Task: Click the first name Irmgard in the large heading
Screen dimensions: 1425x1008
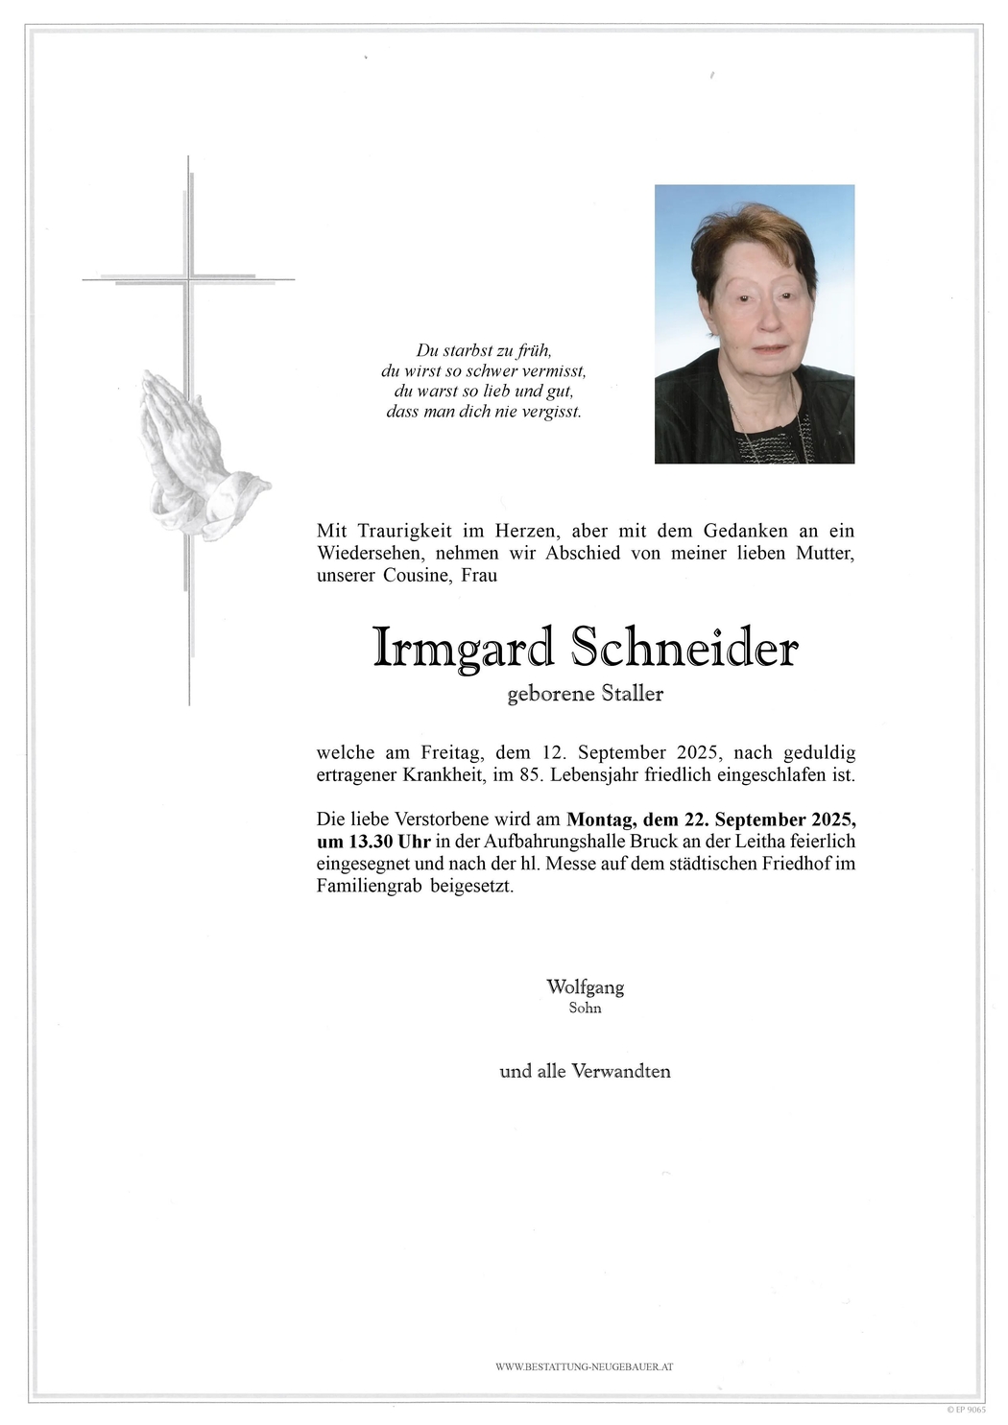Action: (463, 650)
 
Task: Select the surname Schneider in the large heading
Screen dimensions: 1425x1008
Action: (683, 650)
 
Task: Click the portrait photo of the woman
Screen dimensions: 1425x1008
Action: (754, 323)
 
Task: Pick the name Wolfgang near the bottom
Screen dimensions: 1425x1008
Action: (585, 986)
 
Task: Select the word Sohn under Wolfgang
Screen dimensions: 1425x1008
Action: (585, 1009)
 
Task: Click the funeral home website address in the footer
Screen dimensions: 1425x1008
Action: (584, 1366)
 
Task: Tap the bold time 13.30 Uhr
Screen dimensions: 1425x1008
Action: (373, 842)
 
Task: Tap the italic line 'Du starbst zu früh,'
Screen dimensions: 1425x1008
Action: (484, 351)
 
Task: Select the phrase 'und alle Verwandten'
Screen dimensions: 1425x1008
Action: (585, 1071)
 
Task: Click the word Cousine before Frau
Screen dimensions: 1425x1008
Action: (417, 576)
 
